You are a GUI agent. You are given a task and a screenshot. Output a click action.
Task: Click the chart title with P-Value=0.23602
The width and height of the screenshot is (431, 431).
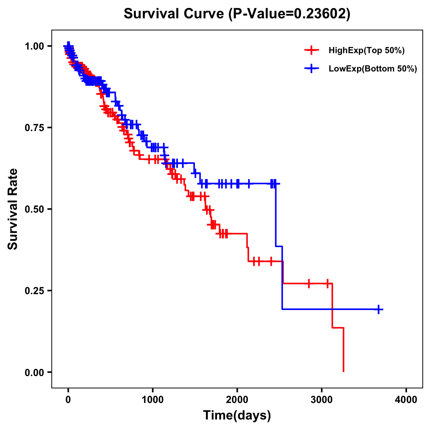(x=237, y=14)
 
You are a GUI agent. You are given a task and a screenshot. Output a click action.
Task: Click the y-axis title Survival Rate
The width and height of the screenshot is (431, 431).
(x=13, y=209)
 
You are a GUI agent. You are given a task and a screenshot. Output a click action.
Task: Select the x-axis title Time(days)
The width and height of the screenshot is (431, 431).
(x=237, y=416)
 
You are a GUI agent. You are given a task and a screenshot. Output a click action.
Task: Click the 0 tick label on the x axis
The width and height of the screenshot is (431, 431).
(x=68, y=400)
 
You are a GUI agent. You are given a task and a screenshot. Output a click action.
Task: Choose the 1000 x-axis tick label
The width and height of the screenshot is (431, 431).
(x=153, y=400)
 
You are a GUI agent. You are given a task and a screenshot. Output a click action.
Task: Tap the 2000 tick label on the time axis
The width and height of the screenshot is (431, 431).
(x=237, y=400)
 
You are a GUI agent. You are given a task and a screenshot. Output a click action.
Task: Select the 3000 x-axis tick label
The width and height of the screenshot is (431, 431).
(x=322, y=400)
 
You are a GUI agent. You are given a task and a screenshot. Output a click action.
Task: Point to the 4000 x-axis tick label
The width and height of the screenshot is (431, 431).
(x=406, y=400)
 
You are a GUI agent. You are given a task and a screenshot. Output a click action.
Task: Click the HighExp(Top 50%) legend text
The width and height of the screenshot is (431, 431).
(x=366, y=51)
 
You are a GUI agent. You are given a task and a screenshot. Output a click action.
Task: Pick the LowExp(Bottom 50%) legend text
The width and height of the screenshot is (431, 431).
(x=373, y=69)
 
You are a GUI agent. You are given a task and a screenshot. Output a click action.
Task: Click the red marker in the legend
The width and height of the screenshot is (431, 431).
(x=311, y=50)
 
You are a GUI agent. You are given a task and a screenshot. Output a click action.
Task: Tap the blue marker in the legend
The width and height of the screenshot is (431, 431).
(x=311, y=69)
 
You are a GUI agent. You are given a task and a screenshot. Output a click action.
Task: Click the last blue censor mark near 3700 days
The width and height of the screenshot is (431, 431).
(x=379, y=309)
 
